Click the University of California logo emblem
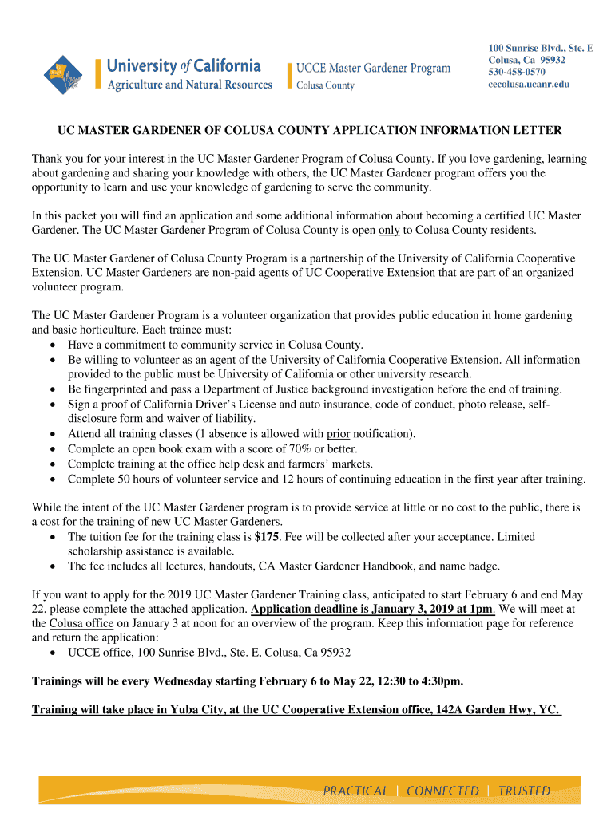[x=63, y=74]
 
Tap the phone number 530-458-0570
[x=517, y=72]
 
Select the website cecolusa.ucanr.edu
[x=529, y=85]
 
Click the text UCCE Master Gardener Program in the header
[x=373, y=69]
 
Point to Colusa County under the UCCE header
[x=325, y=85]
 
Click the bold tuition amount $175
[x=267, y=537]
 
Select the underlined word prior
[x=339, y=434]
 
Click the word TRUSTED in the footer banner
[x=524, y=791]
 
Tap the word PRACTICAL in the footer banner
[x=355, y=791]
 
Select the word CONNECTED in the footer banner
[x=442, y=791]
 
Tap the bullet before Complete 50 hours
[x=52, y=480]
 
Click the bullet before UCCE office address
[x=52, y=653]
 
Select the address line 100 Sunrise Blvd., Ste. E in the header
[x=541, y=49]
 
